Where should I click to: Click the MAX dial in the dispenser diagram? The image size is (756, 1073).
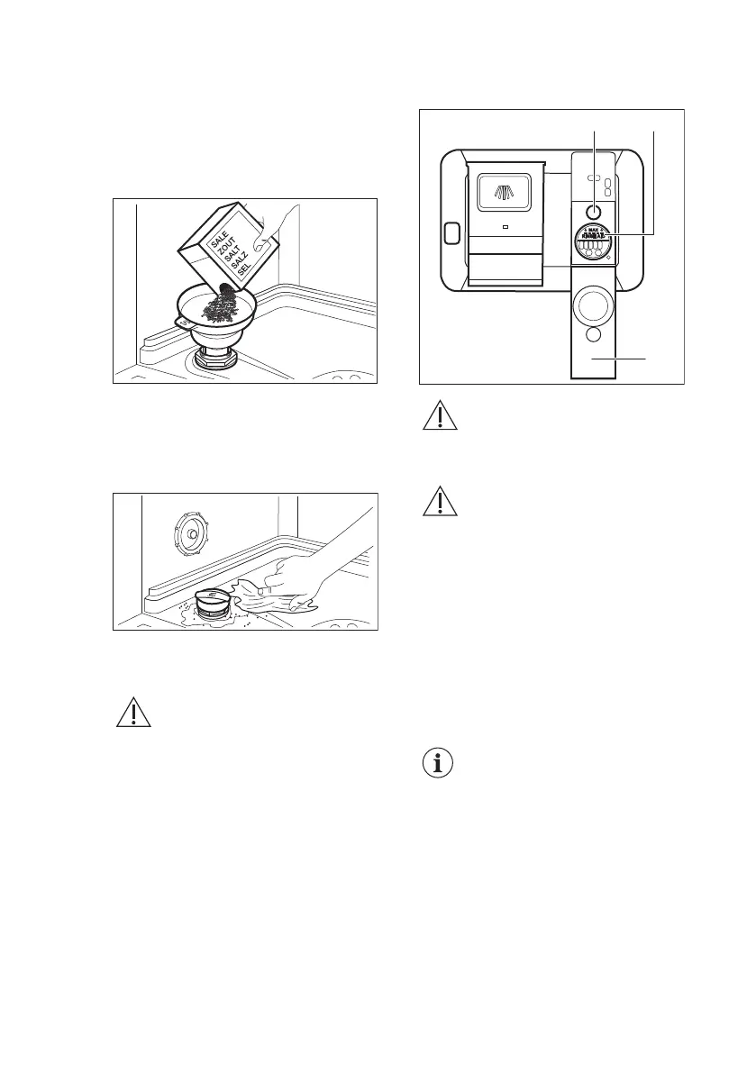click(x=594, y=245)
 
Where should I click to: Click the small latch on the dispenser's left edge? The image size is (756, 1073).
click(x=451, y=232)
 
